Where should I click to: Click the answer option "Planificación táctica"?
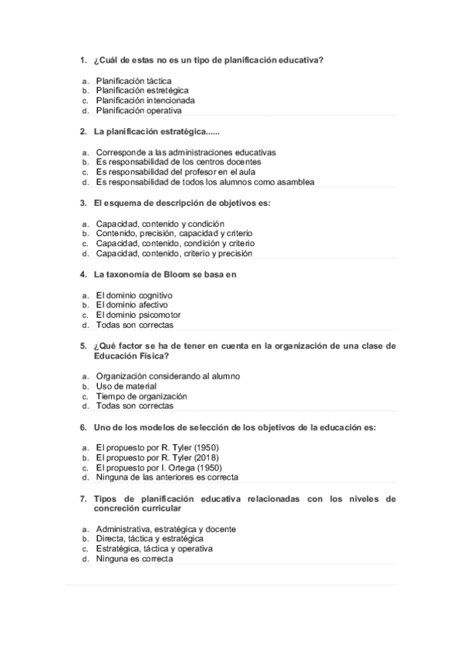tap(133, 80)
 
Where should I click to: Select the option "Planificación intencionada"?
tap(145, 100)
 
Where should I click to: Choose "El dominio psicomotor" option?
tap(138, 315)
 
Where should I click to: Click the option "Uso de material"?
tap(126, 386)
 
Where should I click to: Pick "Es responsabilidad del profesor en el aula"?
tap(175, 172)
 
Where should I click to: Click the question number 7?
tap(83, 499)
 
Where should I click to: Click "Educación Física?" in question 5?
tap(132, 356)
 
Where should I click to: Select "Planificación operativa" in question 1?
tap(139, 110)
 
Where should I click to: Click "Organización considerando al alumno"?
tap(167, 376)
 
